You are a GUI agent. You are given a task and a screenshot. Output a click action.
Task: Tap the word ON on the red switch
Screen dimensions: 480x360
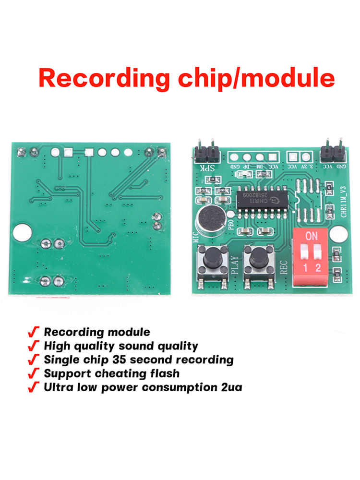(312, 236)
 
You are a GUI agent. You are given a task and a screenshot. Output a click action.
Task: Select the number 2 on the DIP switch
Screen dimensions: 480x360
(318, 267)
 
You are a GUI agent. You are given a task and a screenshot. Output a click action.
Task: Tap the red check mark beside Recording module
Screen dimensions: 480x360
(33, 332)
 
